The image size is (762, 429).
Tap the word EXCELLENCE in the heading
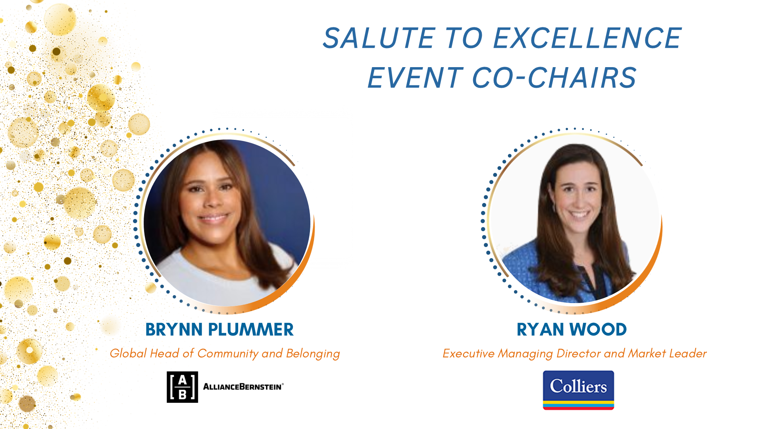(587, 38)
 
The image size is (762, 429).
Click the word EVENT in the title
(415, 77)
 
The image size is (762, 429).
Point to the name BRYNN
(174, 330)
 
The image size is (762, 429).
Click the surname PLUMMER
(251, 330)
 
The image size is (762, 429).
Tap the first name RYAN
(541, 330)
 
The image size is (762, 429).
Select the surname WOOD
(598, 330)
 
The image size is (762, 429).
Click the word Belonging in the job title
(313, 354)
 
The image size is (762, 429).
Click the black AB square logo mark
(182, 387)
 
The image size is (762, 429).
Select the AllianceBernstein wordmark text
(243, 386)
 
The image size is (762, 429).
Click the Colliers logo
(578, 390)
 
